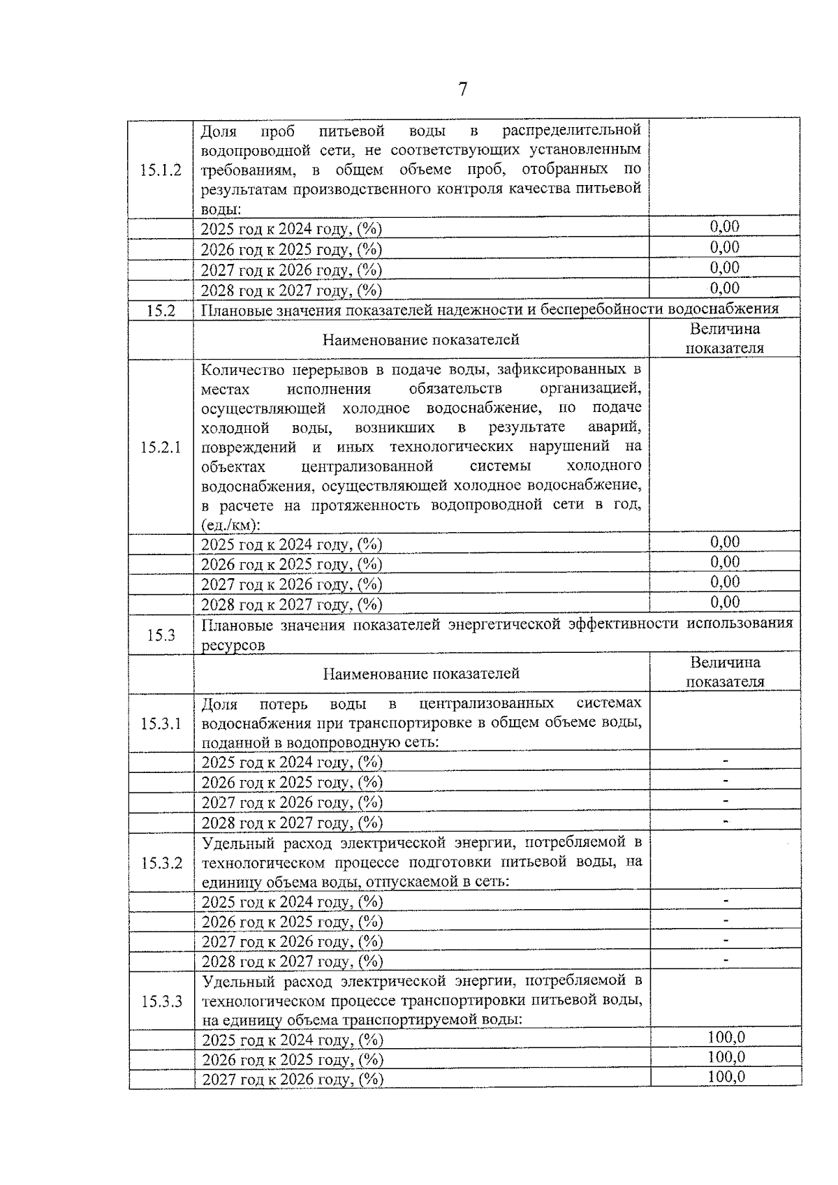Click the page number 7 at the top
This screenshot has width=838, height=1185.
[462, 90]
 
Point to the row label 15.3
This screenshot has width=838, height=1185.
[161, 635]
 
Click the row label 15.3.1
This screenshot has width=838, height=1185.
[161, 723]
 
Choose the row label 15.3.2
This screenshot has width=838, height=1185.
[161, 863]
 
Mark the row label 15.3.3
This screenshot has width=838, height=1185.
[161, 1002]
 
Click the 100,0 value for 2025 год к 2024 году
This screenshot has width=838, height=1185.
[726, 1038]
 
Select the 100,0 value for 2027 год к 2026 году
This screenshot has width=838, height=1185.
[726, 1077]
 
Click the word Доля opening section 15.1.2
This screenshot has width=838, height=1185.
[219, 131]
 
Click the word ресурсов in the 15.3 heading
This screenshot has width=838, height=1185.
[233, 645]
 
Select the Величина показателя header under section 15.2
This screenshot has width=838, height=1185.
[724, 339]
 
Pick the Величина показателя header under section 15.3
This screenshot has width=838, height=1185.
[725, 672]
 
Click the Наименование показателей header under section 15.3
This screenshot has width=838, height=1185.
[421, 674]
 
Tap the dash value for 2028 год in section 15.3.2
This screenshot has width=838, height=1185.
[726, 961]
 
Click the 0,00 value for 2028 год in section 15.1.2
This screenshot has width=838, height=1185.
[724, 288]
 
